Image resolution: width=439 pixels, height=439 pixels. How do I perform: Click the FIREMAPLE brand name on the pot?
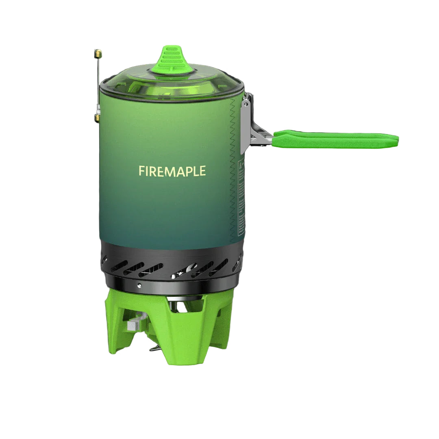click(172, 171)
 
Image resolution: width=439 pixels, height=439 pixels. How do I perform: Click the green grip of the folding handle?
click(335, 139)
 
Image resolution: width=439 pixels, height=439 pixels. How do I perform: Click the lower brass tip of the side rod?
click(98, 118)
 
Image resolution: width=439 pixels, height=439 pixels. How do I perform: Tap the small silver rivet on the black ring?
click(139, 285)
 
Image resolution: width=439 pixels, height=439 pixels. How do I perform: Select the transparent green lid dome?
click(171, 83)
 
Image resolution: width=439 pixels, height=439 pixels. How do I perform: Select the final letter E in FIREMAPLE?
click(202, 171)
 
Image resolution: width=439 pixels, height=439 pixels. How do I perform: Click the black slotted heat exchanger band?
click(171, 260)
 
